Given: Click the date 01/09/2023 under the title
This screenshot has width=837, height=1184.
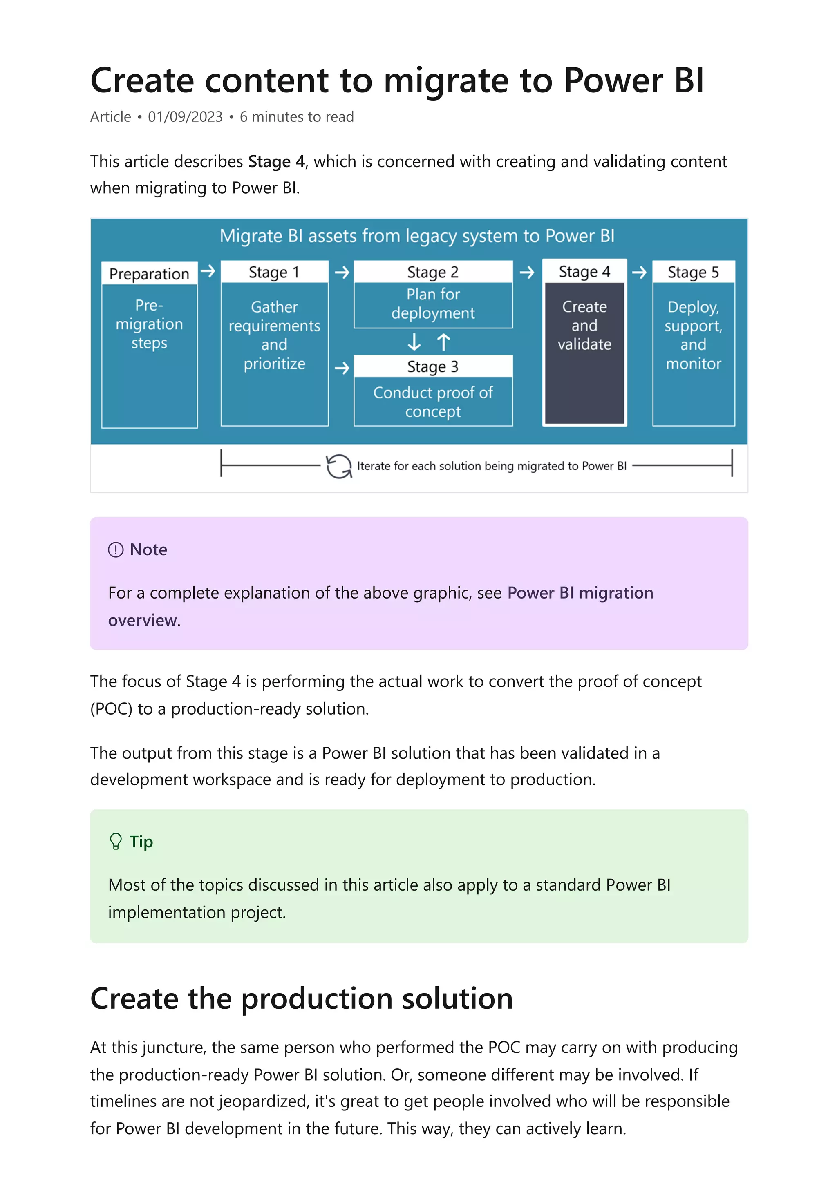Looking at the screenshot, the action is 185,117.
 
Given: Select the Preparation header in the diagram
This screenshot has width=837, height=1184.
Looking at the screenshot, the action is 149,274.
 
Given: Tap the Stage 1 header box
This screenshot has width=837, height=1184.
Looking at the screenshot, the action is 274,272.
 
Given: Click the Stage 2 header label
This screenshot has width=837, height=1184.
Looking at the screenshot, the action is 433,272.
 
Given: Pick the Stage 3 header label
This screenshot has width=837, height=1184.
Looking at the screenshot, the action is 433,366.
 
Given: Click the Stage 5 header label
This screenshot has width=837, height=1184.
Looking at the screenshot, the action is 693,272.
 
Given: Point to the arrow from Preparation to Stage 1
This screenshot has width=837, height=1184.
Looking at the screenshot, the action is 208,271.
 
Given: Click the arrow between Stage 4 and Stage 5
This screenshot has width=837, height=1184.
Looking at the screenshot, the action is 640,272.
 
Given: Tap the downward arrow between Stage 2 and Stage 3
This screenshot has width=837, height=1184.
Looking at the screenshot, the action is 414,342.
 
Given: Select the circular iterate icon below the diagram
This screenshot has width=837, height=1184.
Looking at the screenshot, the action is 339,466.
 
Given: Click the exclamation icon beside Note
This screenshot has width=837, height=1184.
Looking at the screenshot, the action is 116,550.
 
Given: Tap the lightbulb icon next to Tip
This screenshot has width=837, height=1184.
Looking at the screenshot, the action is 116,842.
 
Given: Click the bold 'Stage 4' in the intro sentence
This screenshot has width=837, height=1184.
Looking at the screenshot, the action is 276,161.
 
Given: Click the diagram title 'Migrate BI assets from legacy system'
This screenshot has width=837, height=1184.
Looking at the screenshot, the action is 417,236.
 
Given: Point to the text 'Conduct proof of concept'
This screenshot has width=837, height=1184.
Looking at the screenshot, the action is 433,402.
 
